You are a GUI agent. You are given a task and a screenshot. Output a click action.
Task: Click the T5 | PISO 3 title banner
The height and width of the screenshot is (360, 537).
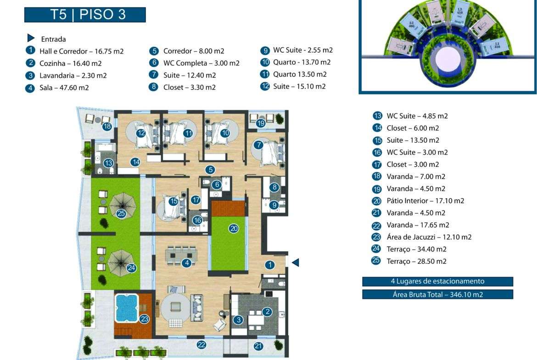(x=85, y=14)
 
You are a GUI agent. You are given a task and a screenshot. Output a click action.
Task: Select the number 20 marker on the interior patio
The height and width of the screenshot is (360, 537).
(x=234, y=228)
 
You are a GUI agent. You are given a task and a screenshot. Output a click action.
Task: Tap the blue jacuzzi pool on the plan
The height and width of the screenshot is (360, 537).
(x=126, y=308)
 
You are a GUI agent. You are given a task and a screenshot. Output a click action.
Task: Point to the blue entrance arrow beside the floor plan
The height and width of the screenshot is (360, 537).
(x=296, y=262)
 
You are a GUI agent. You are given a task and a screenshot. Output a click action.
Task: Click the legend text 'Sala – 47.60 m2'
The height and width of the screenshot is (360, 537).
(x=64, y=88)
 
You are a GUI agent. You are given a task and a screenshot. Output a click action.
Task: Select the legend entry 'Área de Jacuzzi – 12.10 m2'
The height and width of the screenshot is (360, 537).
(x=429, y=237)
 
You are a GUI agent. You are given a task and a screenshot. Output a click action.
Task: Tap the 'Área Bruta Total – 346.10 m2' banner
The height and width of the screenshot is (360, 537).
(x=437, y=294)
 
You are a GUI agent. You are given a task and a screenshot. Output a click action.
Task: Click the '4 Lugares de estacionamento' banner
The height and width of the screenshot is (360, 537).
(x=437, y=282)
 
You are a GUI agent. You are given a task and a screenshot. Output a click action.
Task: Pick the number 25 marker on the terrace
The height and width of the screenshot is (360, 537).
(x=121, y=213)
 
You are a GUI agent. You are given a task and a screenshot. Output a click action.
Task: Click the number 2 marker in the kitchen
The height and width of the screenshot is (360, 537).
(x=268, y=312)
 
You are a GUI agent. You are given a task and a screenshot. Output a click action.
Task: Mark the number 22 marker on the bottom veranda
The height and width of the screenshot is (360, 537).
(x=201, y=345)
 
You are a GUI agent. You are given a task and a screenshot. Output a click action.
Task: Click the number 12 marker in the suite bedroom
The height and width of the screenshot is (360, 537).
(x=140, y=133)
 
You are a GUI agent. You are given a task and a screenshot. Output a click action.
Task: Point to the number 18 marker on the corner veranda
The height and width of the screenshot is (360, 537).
(x=107, y=126)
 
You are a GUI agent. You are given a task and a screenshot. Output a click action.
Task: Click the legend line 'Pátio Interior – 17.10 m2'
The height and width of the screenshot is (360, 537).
(x=425, y=201)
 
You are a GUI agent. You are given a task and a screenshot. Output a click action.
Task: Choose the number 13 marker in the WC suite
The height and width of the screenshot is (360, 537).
(x=108, y=163)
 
